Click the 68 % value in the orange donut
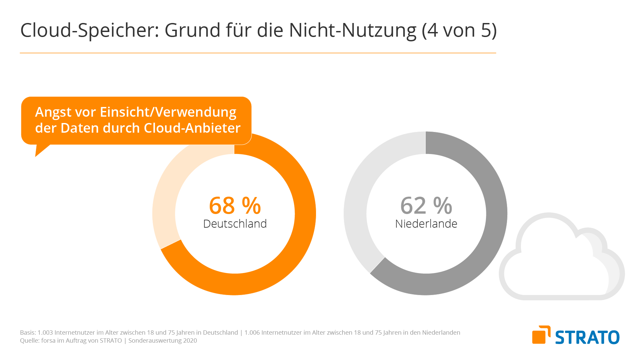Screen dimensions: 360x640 235,205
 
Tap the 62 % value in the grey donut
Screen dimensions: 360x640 426,205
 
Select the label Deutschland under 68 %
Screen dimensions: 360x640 235,224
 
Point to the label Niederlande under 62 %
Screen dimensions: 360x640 426,224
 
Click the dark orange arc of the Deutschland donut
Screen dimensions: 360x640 303,213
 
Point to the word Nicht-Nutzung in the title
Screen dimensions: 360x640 352,30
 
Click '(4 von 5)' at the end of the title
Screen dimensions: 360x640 459,30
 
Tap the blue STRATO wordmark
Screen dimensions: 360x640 587,337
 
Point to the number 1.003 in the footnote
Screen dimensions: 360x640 45,333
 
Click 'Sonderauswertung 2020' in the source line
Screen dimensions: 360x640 163,341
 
